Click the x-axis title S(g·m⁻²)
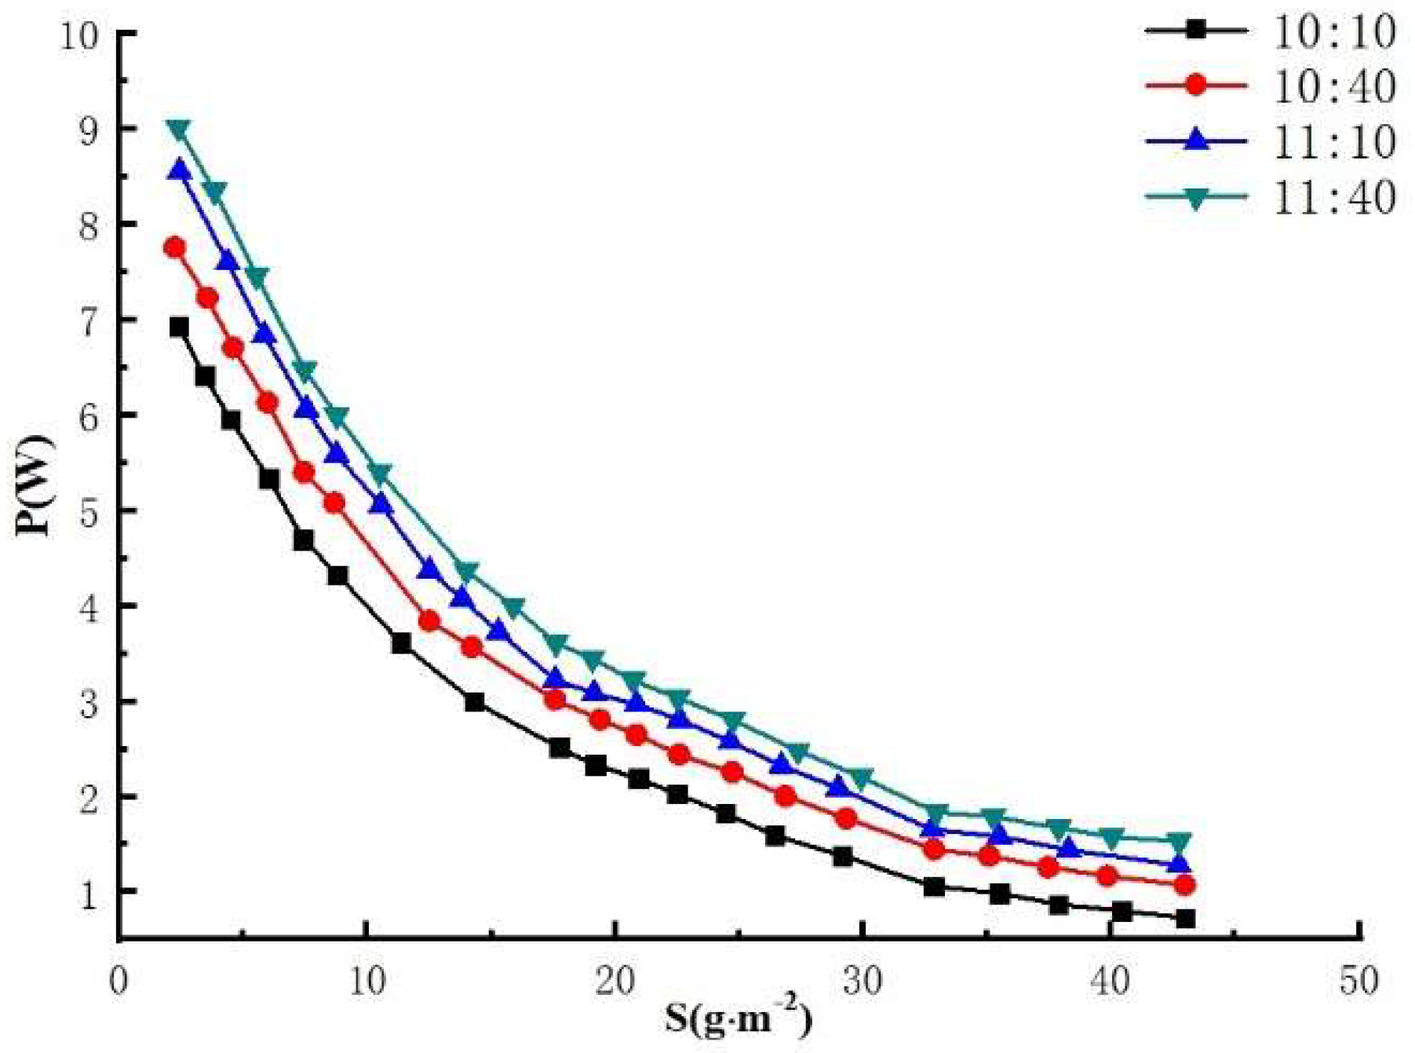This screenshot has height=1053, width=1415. click(x=738, y=1018)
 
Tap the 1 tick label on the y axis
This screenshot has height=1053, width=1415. click(x=94, y=893)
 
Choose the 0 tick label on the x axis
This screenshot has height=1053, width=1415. click(x=119, y=981)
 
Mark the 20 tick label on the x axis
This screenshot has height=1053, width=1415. click(x=615, y=981)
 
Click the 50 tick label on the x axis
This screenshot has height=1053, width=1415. click(x=1358, y=981)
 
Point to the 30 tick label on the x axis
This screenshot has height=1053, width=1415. click(x=862, y=981)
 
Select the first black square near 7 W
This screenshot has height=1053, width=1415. click(x=179, y=327)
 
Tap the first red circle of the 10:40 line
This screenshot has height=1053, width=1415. click(x=174, y=247)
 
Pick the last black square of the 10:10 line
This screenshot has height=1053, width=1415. click(x=1185, y=918)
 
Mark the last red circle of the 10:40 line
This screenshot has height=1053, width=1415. click(x=1185, y=885)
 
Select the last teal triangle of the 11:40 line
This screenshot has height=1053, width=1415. click(x=1179, y=842)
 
